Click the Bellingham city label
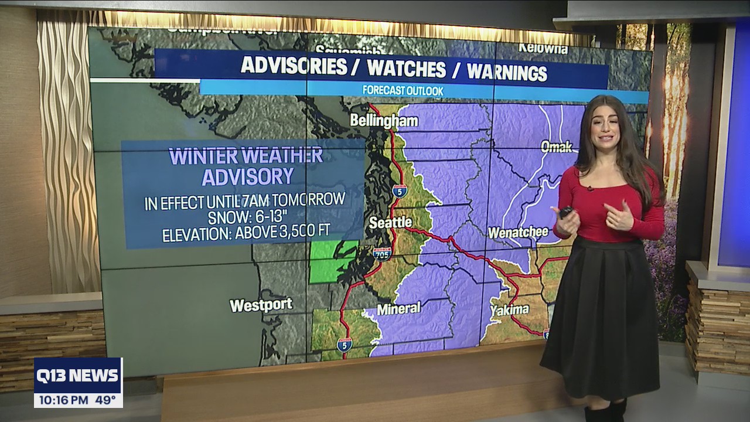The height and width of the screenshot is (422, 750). (x=384, y=121)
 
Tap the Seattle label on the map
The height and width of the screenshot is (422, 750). (x=390, y=223)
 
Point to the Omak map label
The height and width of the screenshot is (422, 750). (x=556, y=147)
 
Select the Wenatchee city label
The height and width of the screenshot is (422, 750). (x=518, y=232)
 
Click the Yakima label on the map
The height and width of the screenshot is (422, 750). (x=509, y=309)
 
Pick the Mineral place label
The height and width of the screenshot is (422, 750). (x=398, y=308)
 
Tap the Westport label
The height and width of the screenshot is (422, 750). (x=261, y=305)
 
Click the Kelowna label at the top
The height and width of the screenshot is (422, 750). (x=543, y=49)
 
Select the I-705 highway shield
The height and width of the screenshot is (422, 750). (x=382, y=253)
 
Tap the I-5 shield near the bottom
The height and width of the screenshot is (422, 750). (x=345, y=344)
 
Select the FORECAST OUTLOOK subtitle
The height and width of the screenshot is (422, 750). (x=403, y=91)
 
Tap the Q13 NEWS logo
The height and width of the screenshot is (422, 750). (x=78, y=376)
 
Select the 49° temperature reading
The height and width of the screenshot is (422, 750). (x=105, y=400)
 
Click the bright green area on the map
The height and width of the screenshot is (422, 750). (x=331, y=261)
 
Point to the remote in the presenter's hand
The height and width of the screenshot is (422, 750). (x=565, y=212)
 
